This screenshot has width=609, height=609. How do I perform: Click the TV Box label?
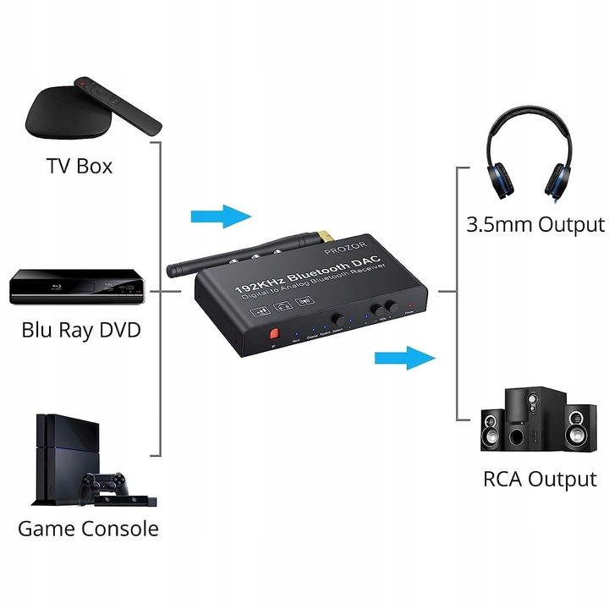[79, 165]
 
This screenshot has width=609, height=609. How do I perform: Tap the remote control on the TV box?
[118, 105]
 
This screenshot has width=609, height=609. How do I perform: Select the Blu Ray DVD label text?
[81, 328]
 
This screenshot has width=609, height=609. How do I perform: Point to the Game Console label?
[88, 529]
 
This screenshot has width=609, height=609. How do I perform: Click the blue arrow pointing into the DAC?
[221, 216]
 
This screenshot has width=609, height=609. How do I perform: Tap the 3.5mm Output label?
[535, 225]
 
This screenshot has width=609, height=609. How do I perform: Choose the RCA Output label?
[540, 479]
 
